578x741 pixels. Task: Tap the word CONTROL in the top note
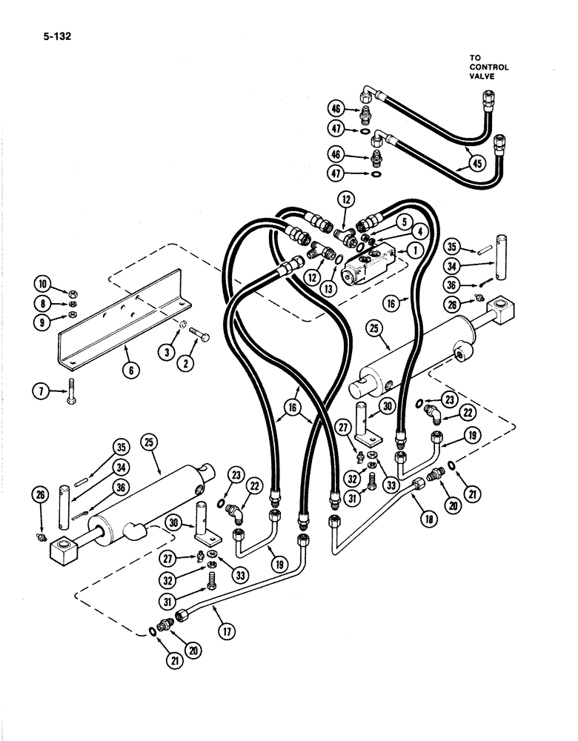(489, 67)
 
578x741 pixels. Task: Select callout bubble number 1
(413, 251)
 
